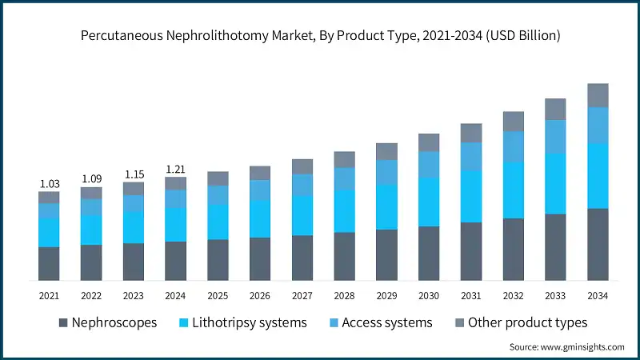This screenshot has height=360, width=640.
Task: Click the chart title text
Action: coord(320,36)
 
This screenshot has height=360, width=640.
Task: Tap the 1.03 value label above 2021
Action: coord(49,184)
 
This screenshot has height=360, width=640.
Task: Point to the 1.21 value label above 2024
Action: coord(175,170)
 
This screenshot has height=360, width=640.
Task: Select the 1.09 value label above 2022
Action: coord(91,179)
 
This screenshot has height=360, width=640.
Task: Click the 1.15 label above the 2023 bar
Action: coord(134,174)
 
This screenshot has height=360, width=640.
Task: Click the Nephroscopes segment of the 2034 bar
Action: coord(598,244)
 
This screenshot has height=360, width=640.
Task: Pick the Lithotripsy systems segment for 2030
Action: coord(429,200)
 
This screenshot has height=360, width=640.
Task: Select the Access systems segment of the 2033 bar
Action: coord(555,136)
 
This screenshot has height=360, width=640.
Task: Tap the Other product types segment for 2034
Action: coord(598,95)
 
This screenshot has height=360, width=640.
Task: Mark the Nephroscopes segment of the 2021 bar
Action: coord(49,263)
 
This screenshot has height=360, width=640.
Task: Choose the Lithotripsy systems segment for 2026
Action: coord(260,218)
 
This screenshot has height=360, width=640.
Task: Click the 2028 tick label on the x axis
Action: coord(344,296)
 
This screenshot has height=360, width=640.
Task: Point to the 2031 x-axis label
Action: coord(471,296)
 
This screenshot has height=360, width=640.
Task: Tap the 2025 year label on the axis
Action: coord(218,296)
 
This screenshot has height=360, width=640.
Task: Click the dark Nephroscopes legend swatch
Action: coord(62,323)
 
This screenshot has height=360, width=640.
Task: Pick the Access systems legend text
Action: coord(387,323)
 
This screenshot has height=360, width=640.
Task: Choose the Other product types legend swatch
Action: coord(459,323)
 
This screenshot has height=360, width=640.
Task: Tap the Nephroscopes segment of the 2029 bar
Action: coord(386,254)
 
